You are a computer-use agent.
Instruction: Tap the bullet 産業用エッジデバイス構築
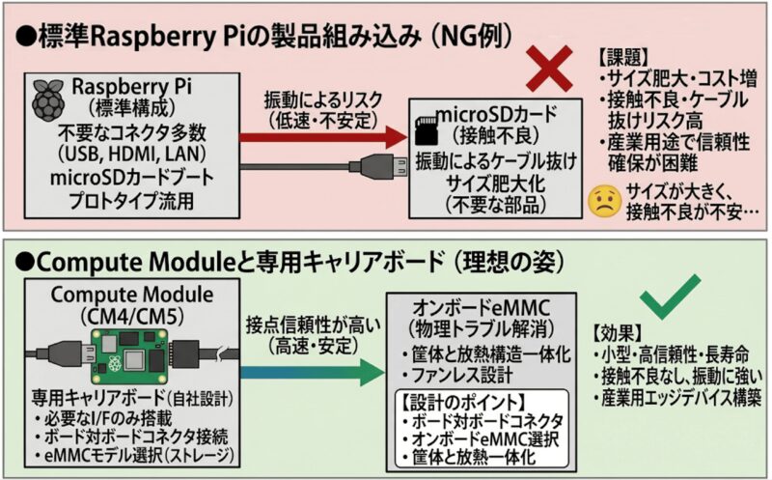tap(679, 396)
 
